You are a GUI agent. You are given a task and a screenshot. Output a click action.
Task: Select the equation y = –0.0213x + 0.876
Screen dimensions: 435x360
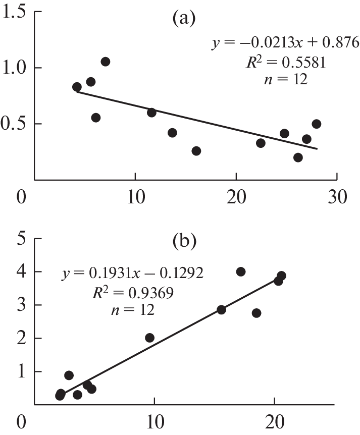pyautogui.click(x=285, y=43)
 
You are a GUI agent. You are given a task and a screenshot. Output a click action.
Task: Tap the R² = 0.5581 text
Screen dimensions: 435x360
pyautogui.click(x=285, y=62)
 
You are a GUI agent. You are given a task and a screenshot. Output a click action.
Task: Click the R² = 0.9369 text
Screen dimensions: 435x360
pyautogui.click(x=133, y=292)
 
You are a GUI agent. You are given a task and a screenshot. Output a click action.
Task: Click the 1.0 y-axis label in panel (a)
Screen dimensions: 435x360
pyautogui.click(x=15, y=68)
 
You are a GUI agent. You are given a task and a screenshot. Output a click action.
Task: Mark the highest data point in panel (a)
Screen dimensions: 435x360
pyautogui.click(x=105, y=62)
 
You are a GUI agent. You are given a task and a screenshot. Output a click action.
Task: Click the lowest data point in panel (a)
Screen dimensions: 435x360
pyautogui.click(x=298, y=157)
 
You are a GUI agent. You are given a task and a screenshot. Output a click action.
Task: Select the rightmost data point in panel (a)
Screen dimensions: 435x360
pyautogui.click(x=317, y=124)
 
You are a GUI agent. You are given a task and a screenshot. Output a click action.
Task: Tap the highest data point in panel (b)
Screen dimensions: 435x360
pyautogui.click(x=241, y=271)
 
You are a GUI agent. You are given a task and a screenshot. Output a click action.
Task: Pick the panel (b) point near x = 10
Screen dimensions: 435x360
pyautogui.click(x=149, y=338)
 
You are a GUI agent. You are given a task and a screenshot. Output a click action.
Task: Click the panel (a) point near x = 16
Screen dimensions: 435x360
pyautogui.click(x=196, y=151)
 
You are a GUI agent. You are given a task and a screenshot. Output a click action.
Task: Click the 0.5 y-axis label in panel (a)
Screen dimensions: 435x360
pyautogui.click(x=15, y=124)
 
